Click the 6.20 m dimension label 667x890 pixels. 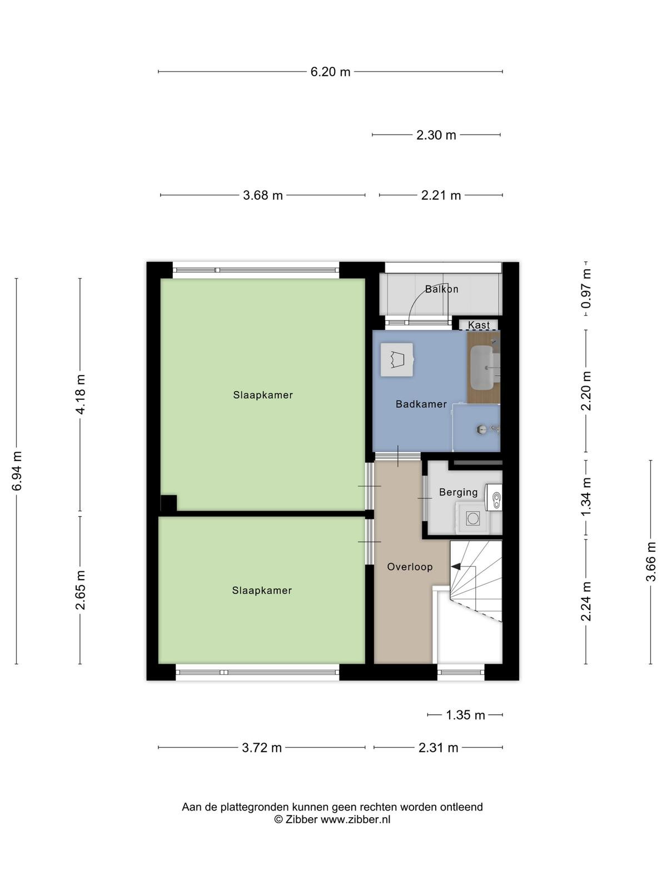[330, 72]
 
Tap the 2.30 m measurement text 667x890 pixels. [436, 135]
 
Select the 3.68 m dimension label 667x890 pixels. [263, 195]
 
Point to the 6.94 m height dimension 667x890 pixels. [17, 471]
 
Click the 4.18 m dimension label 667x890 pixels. [80, 394]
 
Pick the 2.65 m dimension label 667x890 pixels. [80, 590]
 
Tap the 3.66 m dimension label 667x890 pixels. [650, 561]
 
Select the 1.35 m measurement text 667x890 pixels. [465, 715]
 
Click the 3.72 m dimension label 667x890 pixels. [262, 747]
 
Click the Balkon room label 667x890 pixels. [441, 289]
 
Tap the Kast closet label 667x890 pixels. [479, 325]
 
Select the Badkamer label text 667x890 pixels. [421, 404]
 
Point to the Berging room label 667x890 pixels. [459, 492]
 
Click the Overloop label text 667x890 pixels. [410, 567]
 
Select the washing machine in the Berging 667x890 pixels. [472, 518]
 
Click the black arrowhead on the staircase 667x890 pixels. [455, 566]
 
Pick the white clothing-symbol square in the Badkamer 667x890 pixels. [397, 360]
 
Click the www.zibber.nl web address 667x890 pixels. [356, 819]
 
